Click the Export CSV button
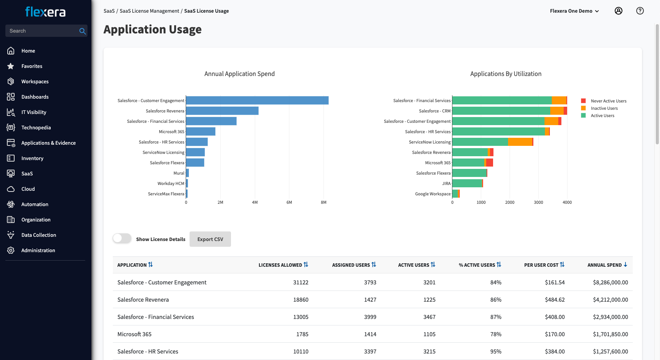point(210,239)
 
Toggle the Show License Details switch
point(122,238)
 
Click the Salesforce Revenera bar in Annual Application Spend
point(222,111)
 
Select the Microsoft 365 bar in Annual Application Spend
point(200,132)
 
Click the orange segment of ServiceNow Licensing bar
point(520,142)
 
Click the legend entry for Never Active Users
point(608,101)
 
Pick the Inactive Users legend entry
point(604,108)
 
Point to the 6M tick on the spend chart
point(289,202)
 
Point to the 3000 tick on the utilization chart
point(538,202)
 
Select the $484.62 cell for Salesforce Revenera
point(554,300)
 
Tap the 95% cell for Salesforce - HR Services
point(496,352)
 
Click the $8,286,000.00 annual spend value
point(610,282)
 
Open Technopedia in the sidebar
point(36,127)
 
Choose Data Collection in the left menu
point(39,235)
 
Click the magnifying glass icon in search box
point(82,31)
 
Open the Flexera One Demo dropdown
point(574,11)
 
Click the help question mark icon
point(640,11)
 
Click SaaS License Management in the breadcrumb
point(149,11)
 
